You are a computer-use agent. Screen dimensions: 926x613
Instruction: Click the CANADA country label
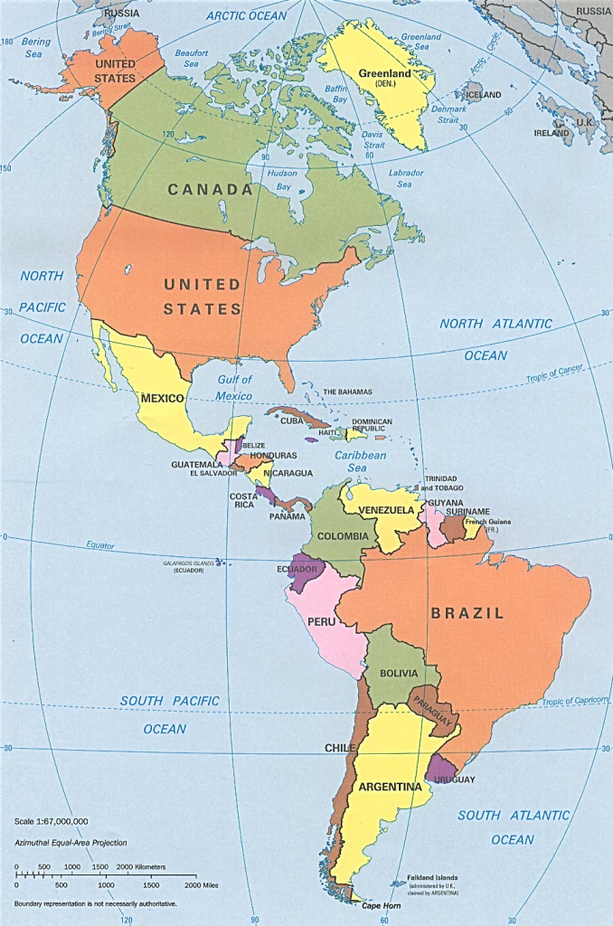pos(209,190)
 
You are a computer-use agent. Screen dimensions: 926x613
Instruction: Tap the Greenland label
pos(384,73)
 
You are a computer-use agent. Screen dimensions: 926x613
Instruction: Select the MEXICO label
pos(162,398)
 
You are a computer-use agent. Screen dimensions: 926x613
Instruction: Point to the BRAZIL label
pos(467,613)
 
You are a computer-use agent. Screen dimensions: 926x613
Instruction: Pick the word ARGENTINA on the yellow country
pos(390,787)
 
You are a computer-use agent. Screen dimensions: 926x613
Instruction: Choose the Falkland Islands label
pos(426,877)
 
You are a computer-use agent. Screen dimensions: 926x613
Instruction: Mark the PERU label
pos(323,622)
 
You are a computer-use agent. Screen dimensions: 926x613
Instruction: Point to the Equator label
pos(100,545)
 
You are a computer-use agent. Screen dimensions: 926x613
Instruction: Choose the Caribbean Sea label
pos(360,461)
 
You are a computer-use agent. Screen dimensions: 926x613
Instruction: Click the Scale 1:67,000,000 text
pos(52,821)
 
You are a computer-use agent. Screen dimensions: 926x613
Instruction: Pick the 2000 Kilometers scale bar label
pos(141,866)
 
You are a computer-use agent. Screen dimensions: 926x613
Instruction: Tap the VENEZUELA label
pos(386,510)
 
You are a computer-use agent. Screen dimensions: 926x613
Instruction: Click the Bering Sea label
pos(36,47)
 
